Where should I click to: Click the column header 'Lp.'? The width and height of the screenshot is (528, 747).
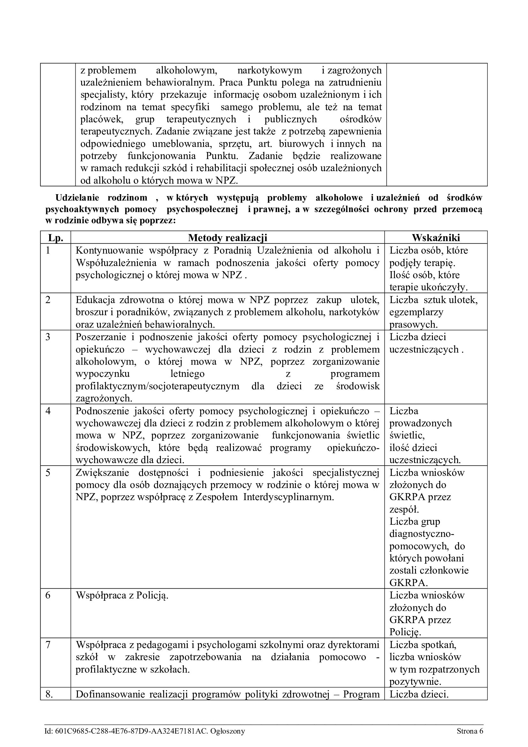[55, 238]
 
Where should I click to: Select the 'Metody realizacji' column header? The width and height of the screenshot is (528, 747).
[228, 238]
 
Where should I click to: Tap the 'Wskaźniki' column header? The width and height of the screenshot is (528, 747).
[436, 238]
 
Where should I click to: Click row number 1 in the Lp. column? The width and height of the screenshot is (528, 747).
[48, 250]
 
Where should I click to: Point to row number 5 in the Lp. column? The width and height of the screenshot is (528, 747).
[48, 472]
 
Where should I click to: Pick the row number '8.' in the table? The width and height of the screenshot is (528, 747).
[49, 694]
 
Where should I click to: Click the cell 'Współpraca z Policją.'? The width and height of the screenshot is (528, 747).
[122, 595]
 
